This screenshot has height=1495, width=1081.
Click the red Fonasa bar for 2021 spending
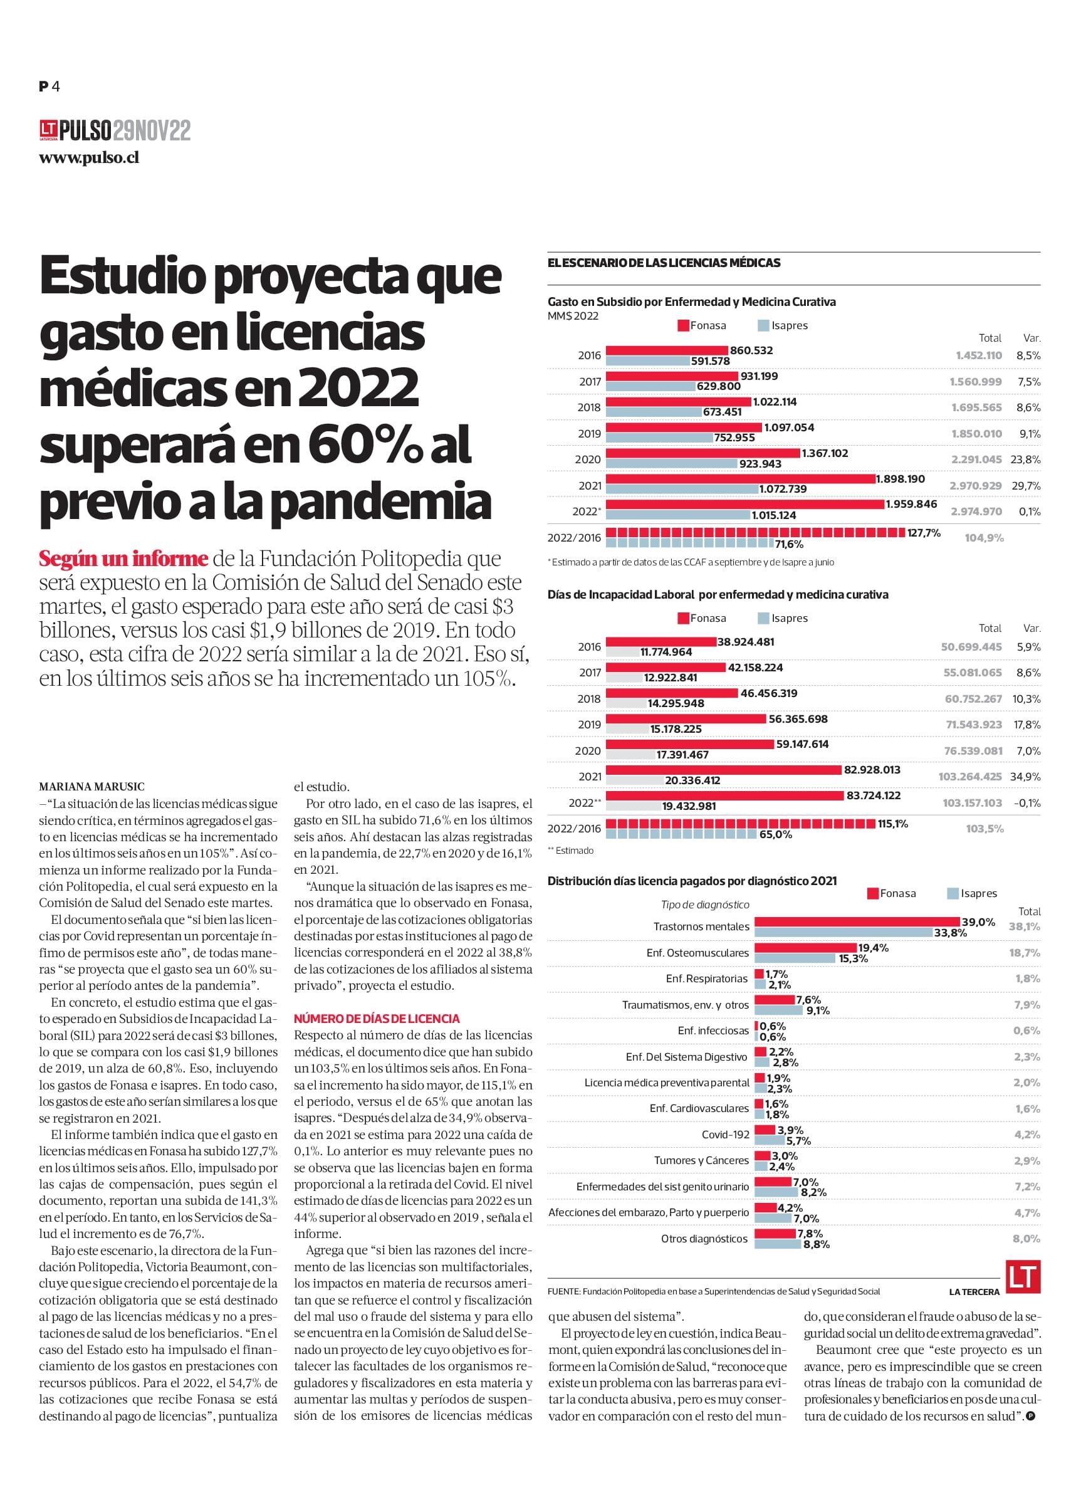740,480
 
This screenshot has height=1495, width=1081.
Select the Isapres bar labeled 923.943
671,463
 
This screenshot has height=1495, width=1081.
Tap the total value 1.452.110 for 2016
978,355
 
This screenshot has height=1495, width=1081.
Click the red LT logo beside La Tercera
1023,1277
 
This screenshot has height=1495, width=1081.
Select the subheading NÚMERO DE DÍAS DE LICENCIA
377,1019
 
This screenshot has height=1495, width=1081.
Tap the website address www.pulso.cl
89,158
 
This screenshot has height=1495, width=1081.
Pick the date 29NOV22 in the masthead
152,131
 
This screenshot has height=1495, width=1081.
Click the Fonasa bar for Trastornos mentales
857,921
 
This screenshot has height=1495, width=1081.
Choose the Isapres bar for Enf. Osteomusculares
796,958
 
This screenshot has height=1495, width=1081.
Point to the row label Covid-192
725,1135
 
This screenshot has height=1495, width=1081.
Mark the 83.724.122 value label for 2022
883,795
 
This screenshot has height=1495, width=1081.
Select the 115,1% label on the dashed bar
893,823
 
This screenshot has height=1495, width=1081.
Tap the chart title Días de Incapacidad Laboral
621,594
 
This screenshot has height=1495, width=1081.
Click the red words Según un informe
124,559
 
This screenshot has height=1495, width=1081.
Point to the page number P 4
50,86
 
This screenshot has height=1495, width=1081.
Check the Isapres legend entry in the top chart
783,325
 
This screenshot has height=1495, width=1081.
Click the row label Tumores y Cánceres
701,1160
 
